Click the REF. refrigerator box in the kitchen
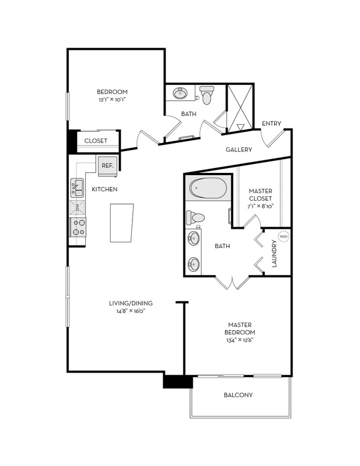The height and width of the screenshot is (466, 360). (107, 165)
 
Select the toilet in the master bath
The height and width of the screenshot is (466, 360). (196, 217)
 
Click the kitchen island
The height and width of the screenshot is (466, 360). (122, 222)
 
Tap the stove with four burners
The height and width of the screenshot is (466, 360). (78, 227)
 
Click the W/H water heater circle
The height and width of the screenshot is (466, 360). (283, 237)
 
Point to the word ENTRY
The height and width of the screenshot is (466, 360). (271, 124)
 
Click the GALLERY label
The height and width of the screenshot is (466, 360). (239, 150)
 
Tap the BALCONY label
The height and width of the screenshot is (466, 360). (238, 395)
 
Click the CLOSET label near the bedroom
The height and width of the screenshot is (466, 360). (96, 141)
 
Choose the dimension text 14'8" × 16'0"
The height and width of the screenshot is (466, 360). (130, 311)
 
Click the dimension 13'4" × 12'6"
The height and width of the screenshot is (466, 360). (240, 340)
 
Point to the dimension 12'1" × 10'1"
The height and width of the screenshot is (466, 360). (112, 100)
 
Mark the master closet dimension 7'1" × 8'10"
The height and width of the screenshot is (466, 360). (260, 206)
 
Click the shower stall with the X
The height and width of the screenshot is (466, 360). (240, 108)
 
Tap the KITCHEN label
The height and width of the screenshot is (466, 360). (105, 190)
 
